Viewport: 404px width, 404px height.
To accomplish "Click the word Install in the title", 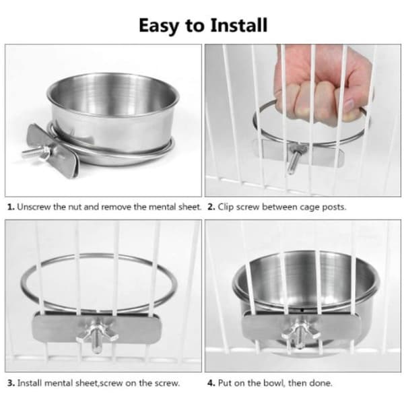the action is pyautogui.click(x=239, y=26).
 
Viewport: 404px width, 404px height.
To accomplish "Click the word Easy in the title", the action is pyautogui.click(x=159, y=26).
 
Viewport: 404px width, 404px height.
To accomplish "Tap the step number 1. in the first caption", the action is pyautogui.click(x=11, y=207).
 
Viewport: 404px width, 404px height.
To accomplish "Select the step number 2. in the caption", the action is pyautogui.click(x=211, y=207).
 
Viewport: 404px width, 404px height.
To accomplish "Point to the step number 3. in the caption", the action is pyautogui.click(x=11, y=383).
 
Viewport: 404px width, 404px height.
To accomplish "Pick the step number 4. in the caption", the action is pyautogui.click(x=211, y=383).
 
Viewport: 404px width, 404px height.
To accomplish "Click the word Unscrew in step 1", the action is pyautogui.click(x=34, y=207).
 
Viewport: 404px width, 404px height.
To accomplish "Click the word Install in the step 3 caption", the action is pyautogui.click(x=30, y=383).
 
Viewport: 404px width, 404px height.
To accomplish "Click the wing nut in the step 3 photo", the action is pyautogui.click(x=97, y=333).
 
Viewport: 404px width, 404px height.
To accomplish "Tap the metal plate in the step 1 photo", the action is pyautogui.click(x=53, y=150).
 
